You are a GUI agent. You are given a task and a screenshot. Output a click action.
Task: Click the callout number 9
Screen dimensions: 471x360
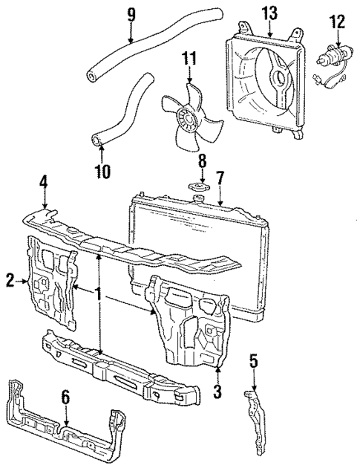(x=131, y=13)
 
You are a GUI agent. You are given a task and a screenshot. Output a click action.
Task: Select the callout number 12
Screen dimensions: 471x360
(x=337, y=22)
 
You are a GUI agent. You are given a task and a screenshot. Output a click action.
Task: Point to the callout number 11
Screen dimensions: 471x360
(x=189, y=58)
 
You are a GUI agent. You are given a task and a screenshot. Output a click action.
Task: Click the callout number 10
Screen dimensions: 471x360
(x=102, y=173)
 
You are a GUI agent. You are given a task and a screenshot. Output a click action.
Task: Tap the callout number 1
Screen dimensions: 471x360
(x=98, y=293)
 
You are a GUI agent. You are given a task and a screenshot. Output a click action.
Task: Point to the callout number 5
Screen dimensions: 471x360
(x=255, y=363)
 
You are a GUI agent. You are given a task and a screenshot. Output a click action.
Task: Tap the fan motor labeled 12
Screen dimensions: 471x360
(x=330, y=55)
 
